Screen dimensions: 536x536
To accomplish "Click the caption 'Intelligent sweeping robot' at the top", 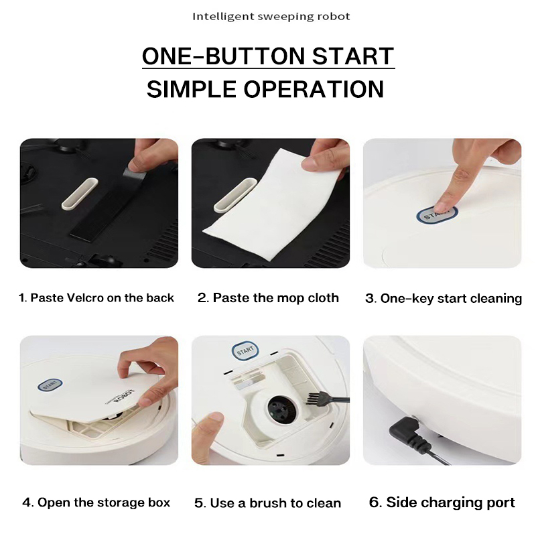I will pos(271,16).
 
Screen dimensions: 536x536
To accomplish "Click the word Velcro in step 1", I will pos(84,298).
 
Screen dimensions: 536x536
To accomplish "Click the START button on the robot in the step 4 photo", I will pos(50,385).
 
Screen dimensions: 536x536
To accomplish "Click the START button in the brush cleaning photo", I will pos(244,351).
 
